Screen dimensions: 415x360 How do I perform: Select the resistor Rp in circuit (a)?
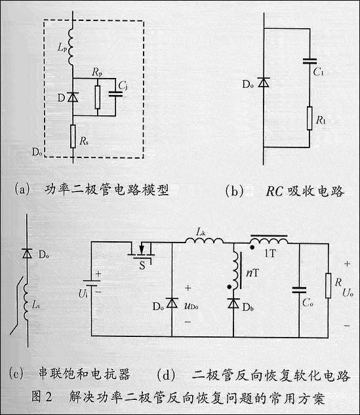point(97,96)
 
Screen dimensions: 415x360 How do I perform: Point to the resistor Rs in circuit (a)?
point(72,137)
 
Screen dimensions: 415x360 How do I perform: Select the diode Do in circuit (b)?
point(264,82)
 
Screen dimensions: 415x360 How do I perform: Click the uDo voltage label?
point(194,305)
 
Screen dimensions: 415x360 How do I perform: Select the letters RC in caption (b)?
point(274,191)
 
